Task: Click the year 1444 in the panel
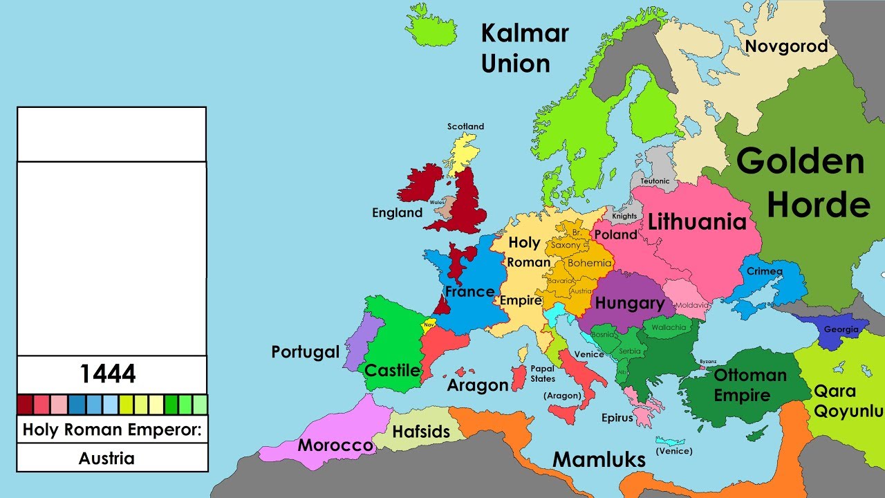[108, 374]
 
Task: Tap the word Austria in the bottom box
[106, 458]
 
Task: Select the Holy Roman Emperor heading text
[111, 430]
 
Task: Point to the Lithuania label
[697, 222]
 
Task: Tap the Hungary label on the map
[629, 303]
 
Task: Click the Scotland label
[465, 127]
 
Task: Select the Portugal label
[305, 352]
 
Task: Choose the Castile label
[392, 371]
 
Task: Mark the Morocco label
[335, 445]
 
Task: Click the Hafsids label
[421, 432]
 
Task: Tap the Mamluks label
[599, 459]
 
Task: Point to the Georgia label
[841, 330]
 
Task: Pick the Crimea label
[765, 271]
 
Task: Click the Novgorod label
[786, 46]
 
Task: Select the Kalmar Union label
[524, 48]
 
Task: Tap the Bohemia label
[589, 263]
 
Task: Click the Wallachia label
[668, 327]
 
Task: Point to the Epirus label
[617, 418]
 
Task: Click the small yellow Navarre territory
[429, 324]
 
